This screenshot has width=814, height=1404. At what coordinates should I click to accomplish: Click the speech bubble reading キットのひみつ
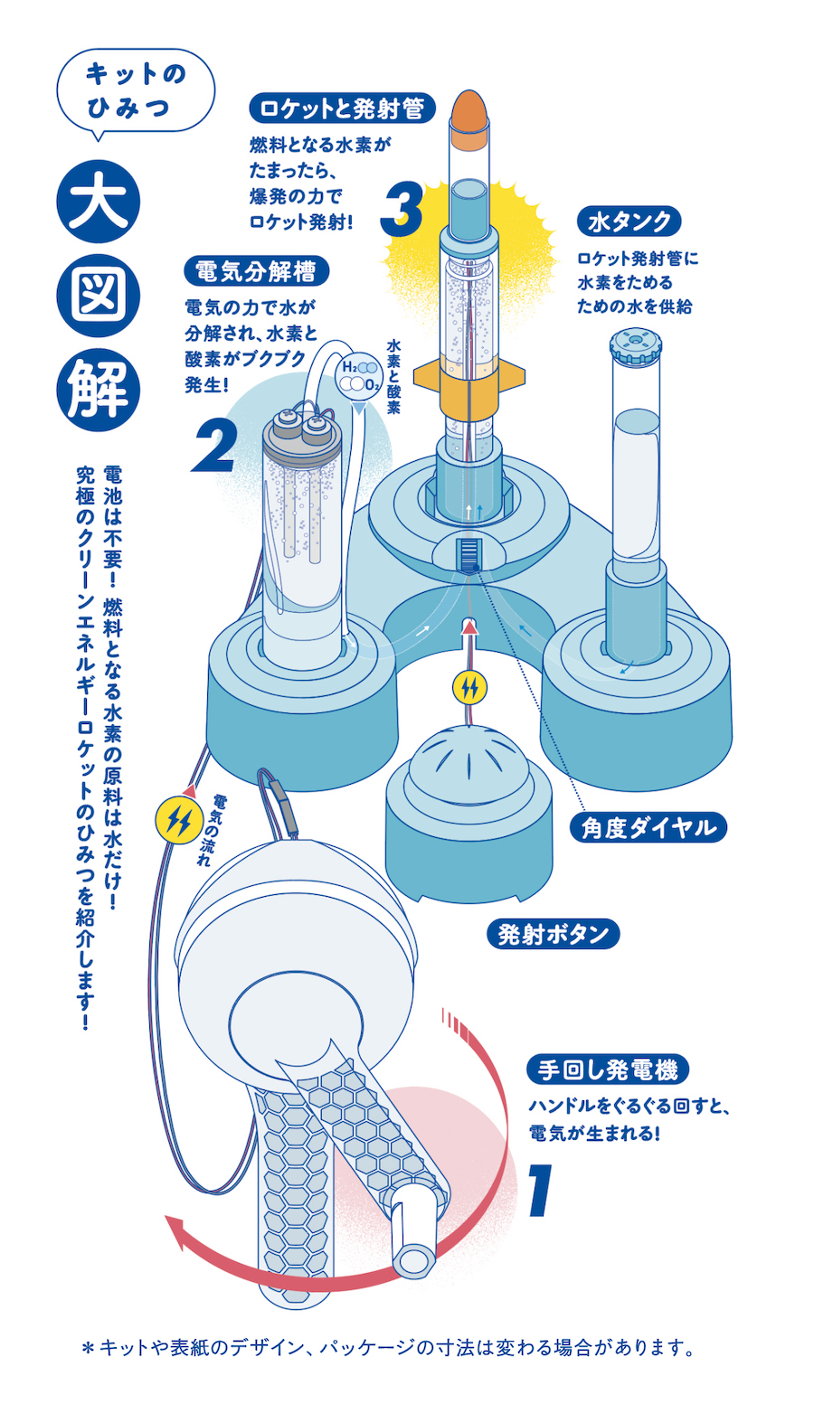pos(135,90)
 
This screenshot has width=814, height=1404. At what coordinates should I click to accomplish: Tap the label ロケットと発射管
pos(342,108)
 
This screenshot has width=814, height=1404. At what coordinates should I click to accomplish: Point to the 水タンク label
pos(629,221)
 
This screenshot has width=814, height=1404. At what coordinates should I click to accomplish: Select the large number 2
pos(215,447)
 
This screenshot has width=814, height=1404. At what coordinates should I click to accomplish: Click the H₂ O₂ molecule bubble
pos(359,375)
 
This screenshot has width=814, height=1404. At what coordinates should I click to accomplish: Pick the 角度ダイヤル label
pos(648,827)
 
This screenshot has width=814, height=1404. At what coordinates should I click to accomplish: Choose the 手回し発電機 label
pos(607,1069)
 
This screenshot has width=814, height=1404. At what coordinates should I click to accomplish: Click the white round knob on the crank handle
pos(418,1258)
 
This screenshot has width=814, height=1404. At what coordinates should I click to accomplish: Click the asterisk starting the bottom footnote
pos(88,1349)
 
